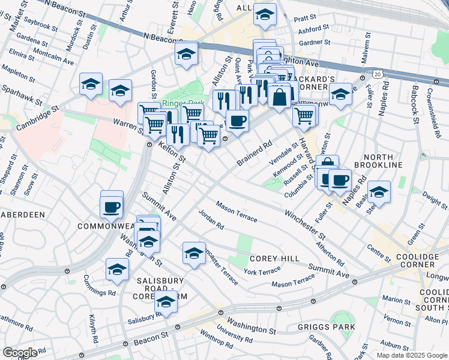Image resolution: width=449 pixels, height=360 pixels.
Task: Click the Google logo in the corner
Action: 20,353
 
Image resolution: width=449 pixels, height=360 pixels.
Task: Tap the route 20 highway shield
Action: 377,73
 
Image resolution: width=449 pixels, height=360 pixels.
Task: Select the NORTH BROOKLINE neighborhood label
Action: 378,159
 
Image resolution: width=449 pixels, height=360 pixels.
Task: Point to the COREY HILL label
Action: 266,258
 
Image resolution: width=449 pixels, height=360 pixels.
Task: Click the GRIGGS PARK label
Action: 326,327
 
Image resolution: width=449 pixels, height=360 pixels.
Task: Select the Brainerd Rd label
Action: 255,154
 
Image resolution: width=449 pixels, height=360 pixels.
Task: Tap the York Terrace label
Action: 262,271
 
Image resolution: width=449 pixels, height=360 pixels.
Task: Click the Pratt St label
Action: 305,19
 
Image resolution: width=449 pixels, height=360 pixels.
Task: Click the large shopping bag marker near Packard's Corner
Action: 280,95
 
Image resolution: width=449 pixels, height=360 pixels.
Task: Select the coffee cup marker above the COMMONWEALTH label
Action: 112,208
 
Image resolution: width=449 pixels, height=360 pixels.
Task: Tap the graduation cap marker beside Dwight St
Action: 379,192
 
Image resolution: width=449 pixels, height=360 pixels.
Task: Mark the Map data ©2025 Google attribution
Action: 412,355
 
